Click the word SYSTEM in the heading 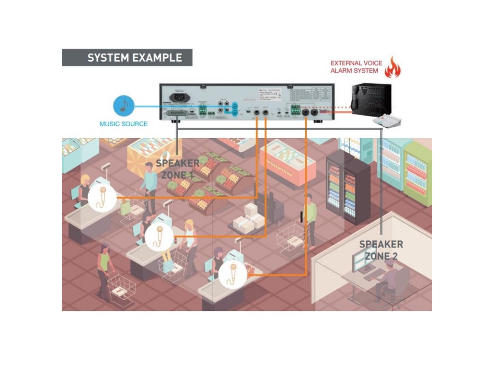pos(108,58)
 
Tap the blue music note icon pos(123,106)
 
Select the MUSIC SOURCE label pos(123,124)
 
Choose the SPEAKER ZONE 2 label pos(381,250)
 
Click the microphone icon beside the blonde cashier pos(102,198)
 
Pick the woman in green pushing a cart pos(104,270)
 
